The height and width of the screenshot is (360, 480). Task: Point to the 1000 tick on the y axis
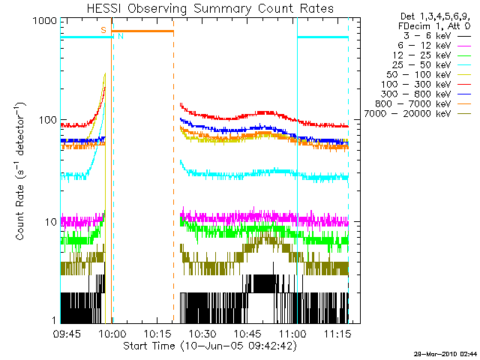coord(43,22)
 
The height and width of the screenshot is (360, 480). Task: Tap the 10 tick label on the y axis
coord(49,222)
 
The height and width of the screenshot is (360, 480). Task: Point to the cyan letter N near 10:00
coord(120,36)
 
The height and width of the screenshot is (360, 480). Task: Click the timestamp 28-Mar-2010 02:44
coord(445,352)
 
